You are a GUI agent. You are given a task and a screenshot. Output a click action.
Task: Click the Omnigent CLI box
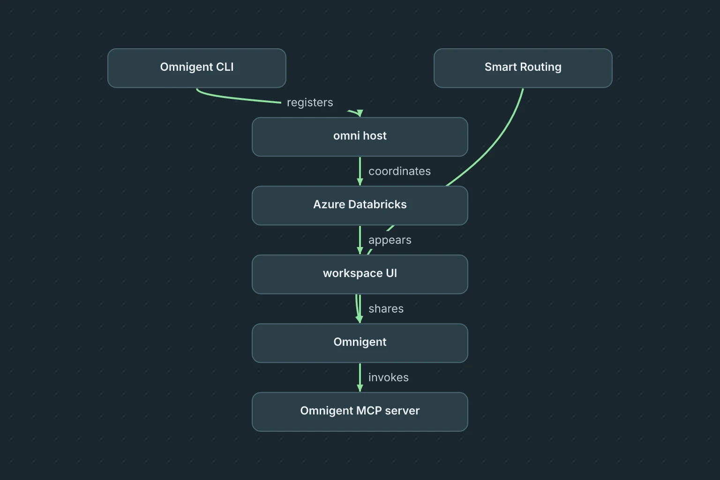pos(197,68)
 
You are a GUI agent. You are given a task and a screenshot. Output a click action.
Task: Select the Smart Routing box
pos(523,68)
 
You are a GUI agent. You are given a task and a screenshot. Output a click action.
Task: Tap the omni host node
pos(360,137)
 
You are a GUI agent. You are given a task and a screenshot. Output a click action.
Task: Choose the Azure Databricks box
pos(360,206)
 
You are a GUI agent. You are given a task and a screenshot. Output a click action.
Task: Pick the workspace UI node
pos(360,275)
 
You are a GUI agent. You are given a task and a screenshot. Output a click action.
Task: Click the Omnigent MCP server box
pos(360,412)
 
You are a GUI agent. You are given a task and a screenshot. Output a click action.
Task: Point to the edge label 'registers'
pos(310,103)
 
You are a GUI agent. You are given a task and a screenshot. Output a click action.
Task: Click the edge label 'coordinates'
pos(399,172)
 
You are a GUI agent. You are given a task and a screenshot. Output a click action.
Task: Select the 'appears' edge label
pos(390,240)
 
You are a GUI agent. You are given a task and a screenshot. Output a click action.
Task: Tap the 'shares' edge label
pos(386,308)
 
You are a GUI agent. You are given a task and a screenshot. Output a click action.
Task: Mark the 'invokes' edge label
pos(389,377)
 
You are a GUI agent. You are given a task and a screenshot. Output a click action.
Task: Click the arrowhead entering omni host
pos(360,113)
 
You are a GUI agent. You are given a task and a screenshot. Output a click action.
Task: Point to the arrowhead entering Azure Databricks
pos(360,182)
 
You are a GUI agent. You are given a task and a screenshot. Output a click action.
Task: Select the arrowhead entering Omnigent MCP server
pos(360,389)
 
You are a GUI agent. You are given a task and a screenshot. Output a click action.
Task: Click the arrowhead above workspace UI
pos(360,251)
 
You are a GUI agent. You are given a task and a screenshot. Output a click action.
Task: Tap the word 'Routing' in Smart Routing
pos(540,67)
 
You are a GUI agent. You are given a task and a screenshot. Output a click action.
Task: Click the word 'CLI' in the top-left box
pos(225,67)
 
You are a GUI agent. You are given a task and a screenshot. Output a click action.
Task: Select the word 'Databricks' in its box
pos(377,204)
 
